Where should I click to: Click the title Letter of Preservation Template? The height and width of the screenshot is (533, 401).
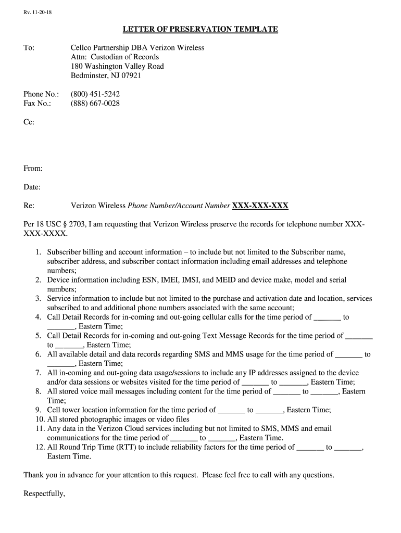(200, 29)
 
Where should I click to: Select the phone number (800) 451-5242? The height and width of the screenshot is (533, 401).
(95, 94)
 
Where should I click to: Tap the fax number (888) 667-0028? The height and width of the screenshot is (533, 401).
(95, 104)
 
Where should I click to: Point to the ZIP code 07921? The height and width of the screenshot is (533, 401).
(131, 75)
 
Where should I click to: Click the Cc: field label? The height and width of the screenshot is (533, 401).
(29, 122)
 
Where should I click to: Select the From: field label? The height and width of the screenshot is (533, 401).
(33, 168)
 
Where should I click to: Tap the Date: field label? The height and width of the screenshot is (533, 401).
(32, 187)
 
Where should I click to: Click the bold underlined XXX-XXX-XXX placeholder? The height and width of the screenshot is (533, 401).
(260, 206)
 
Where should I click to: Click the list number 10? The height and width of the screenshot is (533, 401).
(40, 420)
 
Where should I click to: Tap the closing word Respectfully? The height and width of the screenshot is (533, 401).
(44, 493)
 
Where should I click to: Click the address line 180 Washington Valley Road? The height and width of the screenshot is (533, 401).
(117, 66)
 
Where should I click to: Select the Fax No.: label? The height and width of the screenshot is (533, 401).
(37, 104)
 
